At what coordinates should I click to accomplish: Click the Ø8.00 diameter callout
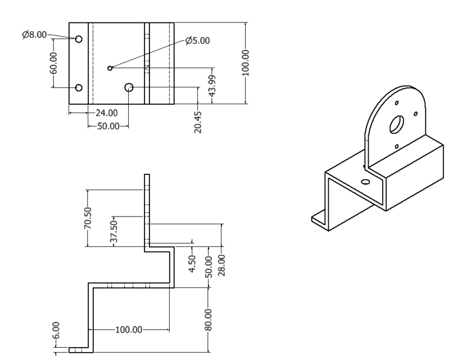35,34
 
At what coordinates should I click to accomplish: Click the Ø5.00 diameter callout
197,40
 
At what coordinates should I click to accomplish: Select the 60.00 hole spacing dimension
54,63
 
